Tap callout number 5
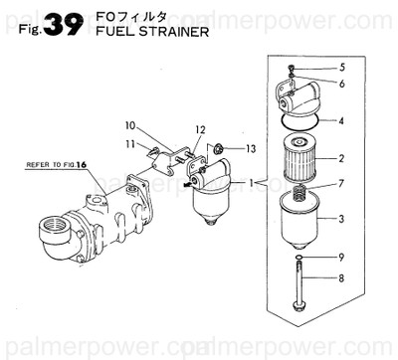[x=341, y=68]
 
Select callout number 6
[x=341, y=85]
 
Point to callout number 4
[x=341, y=121]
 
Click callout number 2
[x=341, y=158]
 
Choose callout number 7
[x=341, y=184]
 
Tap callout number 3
[x=341, y=219]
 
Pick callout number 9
[x=341, y=256]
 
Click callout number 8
[x=341, y=280]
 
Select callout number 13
[x=251, y=149]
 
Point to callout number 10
[x=129, y=125]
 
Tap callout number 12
[x=200, y=130]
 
